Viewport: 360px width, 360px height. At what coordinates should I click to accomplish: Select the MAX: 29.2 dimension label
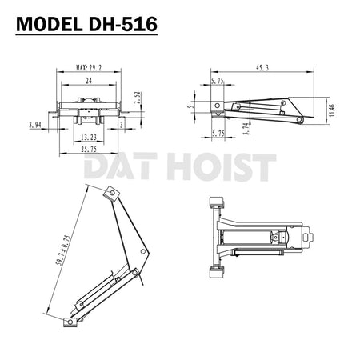click(90, 70)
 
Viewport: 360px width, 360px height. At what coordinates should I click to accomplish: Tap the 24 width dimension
click(90, 82)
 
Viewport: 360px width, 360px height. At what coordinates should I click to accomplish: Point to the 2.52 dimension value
click(138, 98)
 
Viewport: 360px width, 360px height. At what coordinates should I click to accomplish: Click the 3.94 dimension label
click(34, 126)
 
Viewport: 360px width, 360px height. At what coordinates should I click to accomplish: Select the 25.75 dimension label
click(90, 149)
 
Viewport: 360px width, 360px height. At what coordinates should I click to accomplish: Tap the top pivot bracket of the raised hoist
click(112, 193)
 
